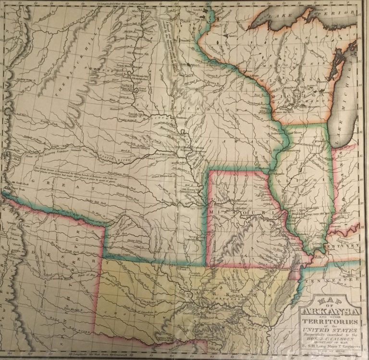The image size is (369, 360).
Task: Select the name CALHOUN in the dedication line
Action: tap(342, 338)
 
